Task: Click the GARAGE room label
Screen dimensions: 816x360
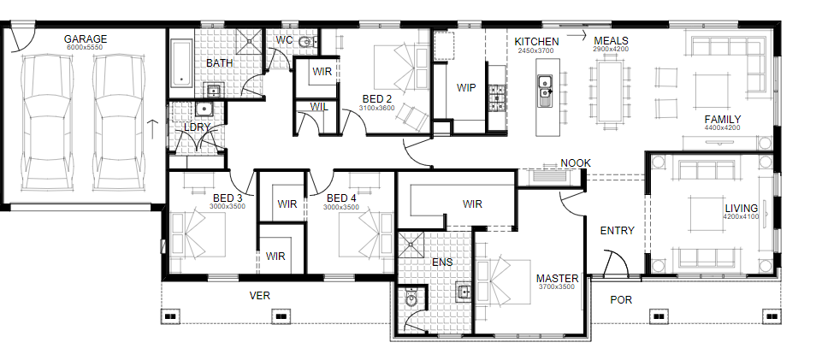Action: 86,39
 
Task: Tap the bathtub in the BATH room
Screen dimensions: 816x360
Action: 181,64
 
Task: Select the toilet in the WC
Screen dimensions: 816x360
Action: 308,43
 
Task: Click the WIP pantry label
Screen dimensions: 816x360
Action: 466,88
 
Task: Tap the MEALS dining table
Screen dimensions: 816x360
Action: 609,90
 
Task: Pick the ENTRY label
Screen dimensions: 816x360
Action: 618,231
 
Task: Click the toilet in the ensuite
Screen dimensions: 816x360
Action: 411,299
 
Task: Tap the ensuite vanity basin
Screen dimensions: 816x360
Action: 463,292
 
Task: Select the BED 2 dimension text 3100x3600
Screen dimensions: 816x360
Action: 376,108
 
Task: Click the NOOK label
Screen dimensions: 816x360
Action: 576,162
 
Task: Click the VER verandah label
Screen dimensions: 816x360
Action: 260,296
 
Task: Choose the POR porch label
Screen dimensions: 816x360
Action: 621,299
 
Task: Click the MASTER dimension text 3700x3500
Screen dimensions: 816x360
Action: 558,286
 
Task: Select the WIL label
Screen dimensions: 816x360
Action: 319,107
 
